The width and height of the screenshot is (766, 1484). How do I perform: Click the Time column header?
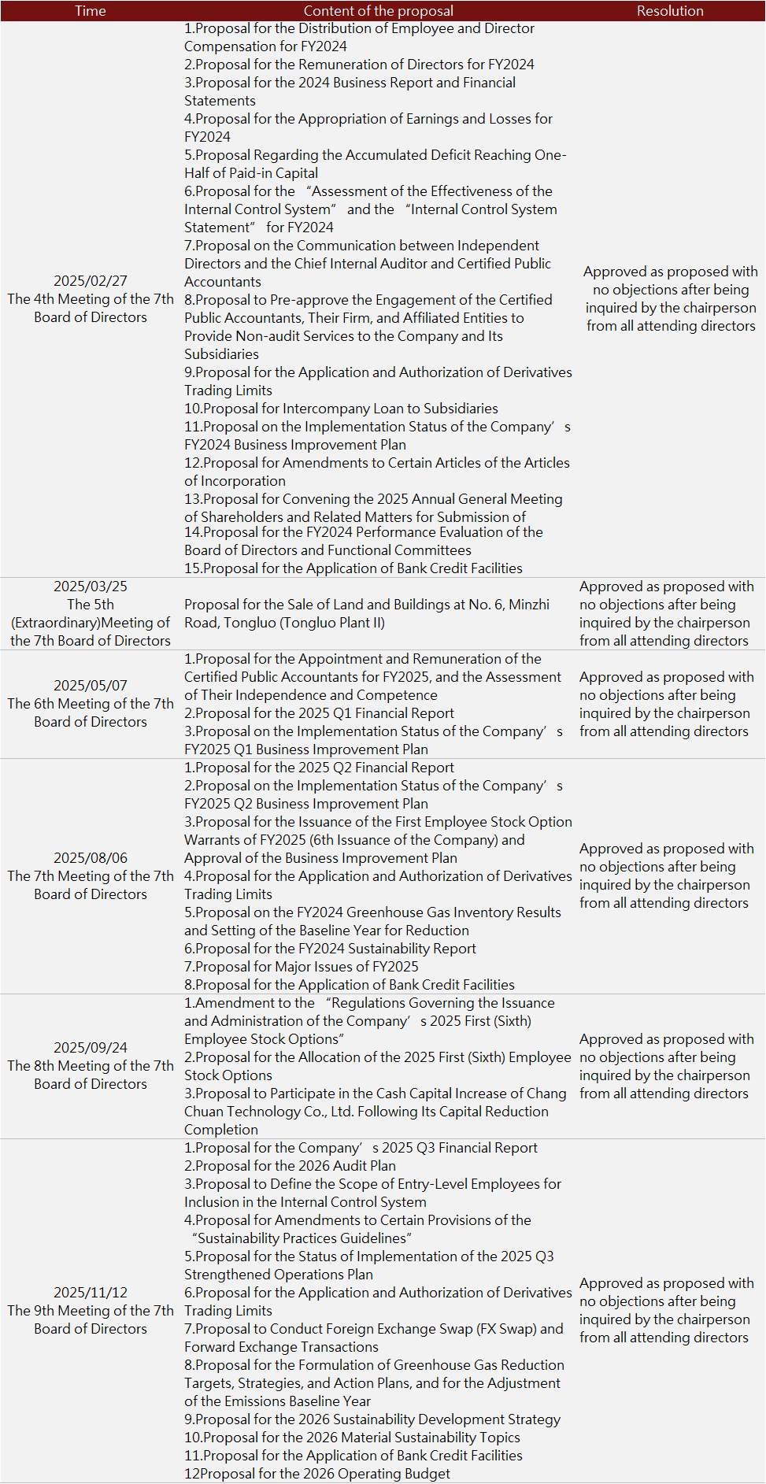click(x=91, y=11)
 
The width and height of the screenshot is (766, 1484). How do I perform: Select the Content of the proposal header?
click(x=378, y=11)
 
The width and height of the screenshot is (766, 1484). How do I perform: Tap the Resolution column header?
click(x=670, y=11)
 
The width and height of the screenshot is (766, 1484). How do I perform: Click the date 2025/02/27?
click(x=91, y=281)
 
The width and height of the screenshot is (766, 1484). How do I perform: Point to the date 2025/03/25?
click(x=91, y=587)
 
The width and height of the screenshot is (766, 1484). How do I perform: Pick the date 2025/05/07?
click(x=91, y=686)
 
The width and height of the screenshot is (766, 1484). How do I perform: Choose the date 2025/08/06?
click(x=91, y=858)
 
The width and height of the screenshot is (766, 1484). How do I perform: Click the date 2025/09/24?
click(x=91, y=1048)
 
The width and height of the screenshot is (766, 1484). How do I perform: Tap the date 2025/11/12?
click(x=91, y=1293)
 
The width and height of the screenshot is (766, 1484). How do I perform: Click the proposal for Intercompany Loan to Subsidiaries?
click(x=341, y=409)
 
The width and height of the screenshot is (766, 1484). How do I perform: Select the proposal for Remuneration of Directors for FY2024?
click(x=359, y=65)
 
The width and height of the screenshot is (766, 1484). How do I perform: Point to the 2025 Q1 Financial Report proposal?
click(x=319, y=713)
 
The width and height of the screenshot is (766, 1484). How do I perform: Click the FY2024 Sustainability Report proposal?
click(x=330, y=949)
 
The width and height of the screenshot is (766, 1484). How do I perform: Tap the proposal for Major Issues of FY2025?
click(x=302, y=967)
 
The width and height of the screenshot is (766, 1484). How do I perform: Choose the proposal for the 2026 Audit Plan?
click(x=290, y=1166)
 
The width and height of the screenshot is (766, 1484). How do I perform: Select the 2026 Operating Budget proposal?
click(x=317, y=1474)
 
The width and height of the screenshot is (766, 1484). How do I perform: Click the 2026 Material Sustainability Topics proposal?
click(x=352, y=1438)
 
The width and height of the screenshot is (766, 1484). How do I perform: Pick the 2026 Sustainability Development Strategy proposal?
click(x=372, y=1419)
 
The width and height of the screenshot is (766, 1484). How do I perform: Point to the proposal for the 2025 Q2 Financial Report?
click(x=319, y=768)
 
